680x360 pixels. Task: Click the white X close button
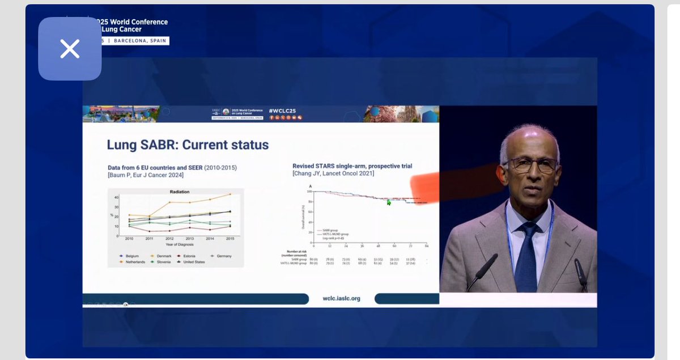(70, 49)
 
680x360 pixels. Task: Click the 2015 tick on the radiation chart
(229, 239)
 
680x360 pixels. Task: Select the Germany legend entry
(221, 256)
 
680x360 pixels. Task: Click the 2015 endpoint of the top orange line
(229, 194)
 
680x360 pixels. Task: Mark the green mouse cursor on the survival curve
(389, 202)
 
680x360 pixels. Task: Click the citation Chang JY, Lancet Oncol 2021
(334, 173)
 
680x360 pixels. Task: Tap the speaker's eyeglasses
(531, 164)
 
